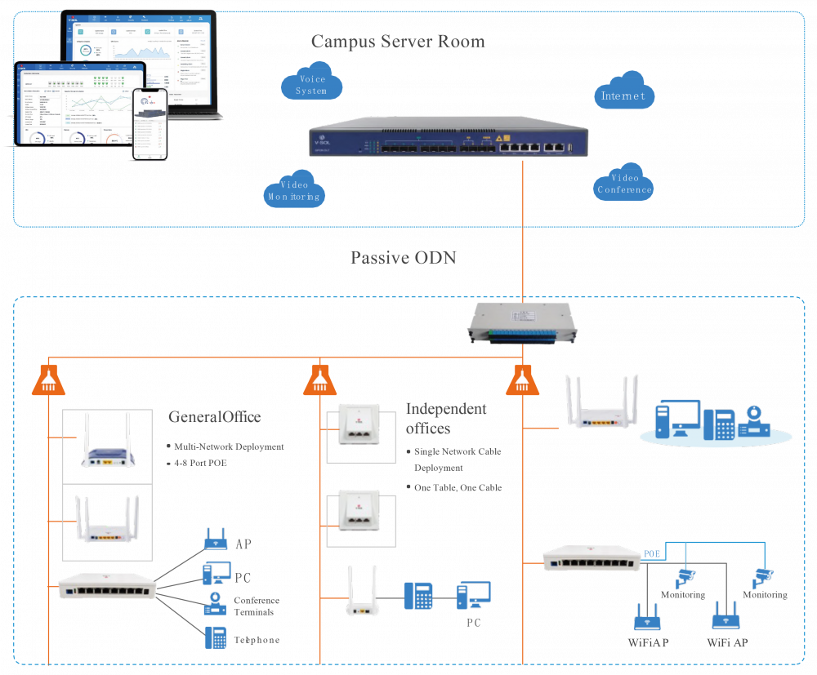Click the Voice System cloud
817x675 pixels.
[x=311, y=85]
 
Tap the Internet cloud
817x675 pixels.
[x=623, y=95]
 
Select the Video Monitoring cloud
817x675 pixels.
[x=294, y=190]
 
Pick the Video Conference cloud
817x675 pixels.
[x=624, y=184]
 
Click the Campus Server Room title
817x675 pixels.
[x=398, y=42]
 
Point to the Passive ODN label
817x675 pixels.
[x=403, y=258]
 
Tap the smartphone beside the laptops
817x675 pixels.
[x=150, y=124]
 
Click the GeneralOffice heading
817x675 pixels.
[x=215, y=417]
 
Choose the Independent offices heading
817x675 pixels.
[x=446, y=418]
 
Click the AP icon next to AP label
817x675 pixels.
[x=215, y=540]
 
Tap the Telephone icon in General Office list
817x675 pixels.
[x=216, y=637]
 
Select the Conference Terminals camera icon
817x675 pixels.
[x=216, y=604]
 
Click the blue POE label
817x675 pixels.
[x=651, y=553]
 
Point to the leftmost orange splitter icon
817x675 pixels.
[x=49, y=380]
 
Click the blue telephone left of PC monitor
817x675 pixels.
[x=418, y=596]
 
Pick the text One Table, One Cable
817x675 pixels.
[x=458, y=487]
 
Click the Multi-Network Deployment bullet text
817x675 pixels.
[x=229, y=447]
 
